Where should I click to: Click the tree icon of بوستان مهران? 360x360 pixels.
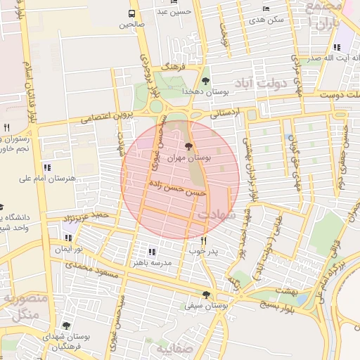pyautogui.click(x=188, y=146)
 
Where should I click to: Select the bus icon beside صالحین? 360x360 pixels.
pyautogui.click(x=131, y=13)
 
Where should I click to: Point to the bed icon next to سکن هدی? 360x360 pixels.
pyautogui.click(x=266, y=8)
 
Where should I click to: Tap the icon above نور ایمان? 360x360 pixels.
pyautogui.click(x=67, y=238)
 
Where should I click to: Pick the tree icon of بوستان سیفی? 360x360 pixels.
pyautogui.click(x=206, y=295)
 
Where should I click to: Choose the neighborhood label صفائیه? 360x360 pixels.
pyautogui.click(x=173, y=349)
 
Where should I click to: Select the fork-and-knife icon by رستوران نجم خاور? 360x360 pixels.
pyautogui.click(x=6, y=127)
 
